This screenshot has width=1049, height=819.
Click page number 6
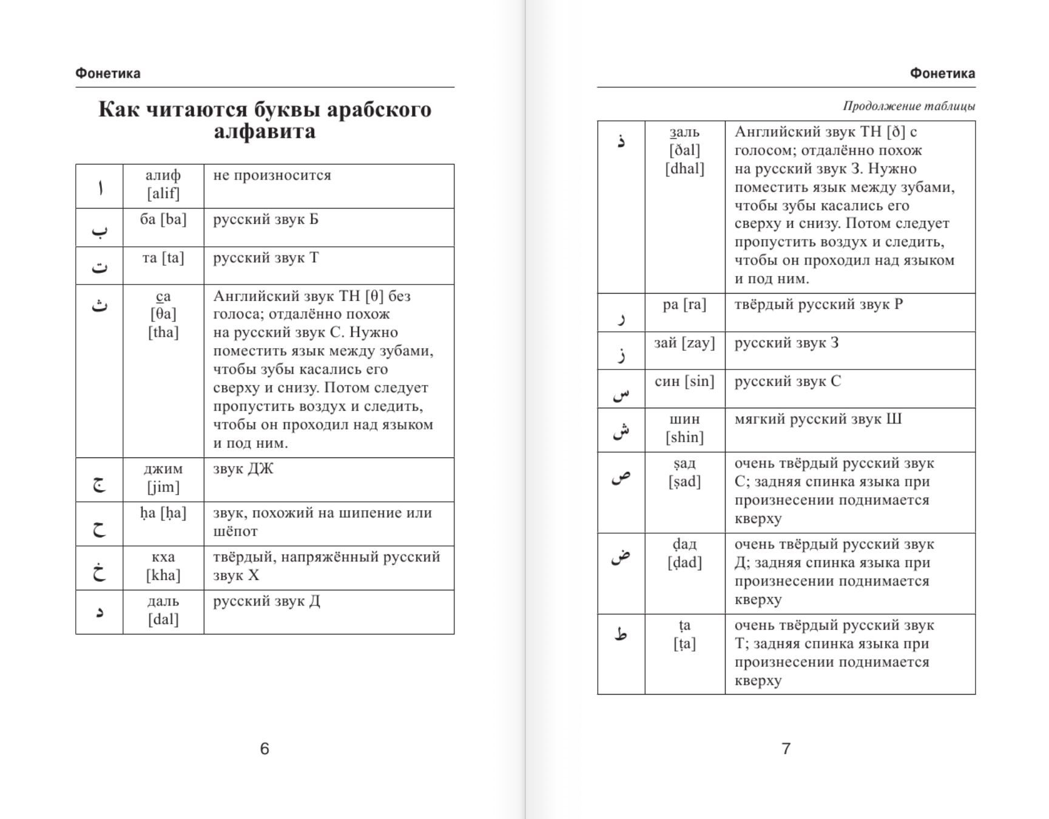(x=265, y=749)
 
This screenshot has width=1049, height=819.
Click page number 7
(x=786, y=749)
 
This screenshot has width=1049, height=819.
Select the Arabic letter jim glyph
(x=99, y=484)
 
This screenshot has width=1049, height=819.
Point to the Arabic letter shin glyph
(x=621, y=430)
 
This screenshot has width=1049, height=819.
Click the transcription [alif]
(x=163, y=194)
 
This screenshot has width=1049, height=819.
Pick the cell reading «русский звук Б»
(x=266, y=220)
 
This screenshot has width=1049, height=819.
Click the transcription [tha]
(x=163, y=332)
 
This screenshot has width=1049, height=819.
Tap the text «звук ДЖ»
(x=243, y=469)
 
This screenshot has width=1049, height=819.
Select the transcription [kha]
(x=163, y=575)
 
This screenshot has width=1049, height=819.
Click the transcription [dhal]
(x=684, y=169)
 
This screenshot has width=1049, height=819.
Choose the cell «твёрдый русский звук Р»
(x=818, y=305)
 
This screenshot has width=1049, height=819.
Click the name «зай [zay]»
(x=684, y=343)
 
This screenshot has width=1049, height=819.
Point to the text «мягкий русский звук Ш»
(x=818, y=419)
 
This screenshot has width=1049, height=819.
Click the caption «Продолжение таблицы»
(x=909, y=106)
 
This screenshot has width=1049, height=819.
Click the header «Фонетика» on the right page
(x=942, y=73)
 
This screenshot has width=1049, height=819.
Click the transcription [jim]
(x=163, y=487)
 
